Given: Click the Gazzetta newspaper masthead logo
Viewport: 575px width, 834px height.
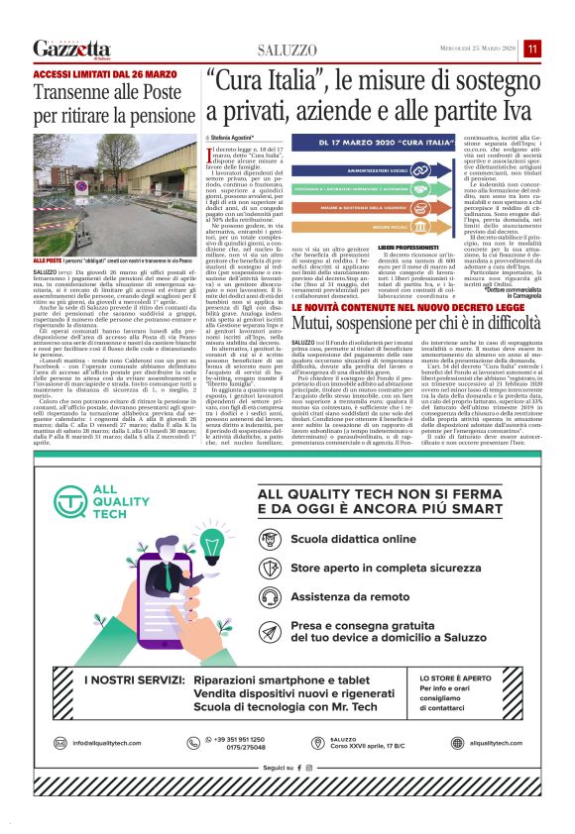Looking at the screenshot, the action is [71, 49].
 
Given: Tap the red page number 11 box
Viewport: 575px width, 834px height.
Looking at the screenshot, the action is [532, 49].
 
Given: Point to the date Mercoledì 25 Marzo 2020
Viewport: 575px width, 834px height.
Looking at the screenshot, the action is [480, 49].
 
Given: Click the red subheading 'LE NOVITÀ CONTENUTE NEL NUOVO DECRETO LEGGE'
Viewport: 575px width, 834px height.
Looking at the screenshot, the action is [411, 309].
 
